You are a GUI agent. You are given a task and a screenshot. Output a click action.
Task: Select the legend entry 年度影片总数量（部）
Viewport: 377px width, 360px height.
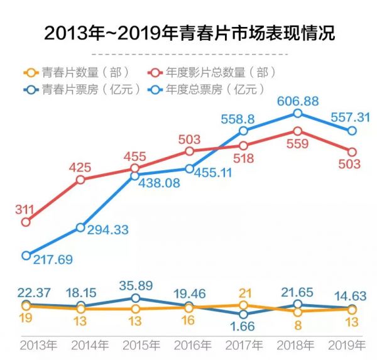(211, 72)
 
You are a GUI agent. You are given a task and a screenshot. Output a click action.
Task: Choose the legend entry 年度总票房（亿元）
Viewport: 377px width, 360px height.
(211, 89)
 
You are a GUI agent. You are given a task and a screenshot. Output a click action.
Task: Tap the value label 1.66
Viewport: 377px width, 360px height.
(244, 327)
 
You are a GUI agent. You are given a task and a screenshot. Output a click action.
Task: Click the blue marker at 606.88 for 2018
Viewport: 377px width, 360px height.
(298, 113)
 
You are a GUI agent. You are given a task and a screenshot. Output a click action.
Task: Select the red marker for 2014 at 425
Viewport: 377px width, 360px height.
(80, 180)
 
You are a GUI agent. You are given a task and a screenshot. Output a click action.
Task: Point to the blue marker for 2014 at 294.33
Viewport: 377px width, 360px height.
(80, 227)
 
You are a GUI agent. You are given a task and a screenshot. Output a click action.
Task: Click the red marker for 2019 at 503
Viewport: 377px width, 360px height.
(352, 152)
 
